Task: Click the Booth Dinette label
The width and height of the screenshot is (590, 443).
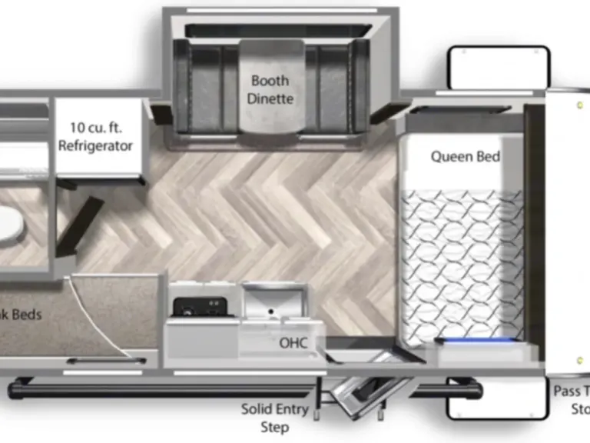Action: click(270, 90)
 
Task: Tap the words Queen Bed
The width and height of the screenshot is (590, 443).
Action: click(465, 157)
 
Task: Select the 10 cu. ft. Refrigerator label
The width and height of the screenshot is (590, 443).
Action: click(96, 136)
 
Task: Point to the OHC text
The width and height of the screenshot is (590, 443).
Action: click(293, 343)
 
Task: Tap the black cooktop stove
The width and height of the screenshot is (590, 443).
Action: click(199, 307)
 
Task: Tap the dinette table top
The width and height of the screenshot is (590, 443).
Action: click(271, 85)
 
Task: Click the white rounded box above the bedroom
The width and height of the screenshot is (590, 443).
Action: click(499, 68)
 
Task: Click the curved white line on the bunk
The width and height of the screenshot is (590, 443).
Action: click(108, 315)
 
